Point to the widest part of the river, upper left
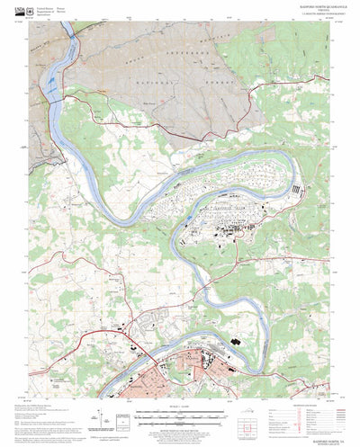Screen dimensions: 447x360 pos(54,85)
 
